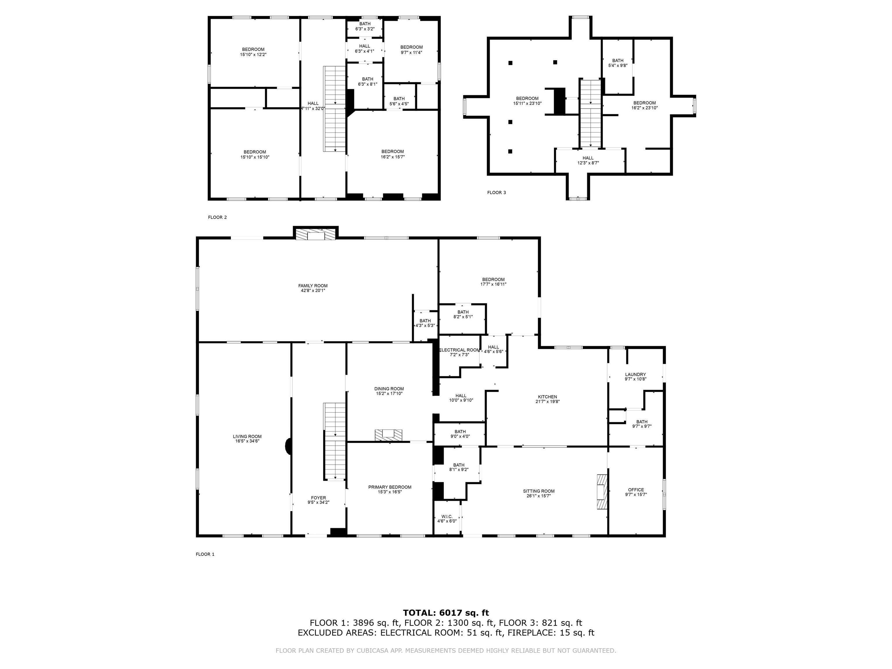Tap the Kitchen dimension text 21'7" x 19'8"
547,402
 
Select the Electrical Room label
459,350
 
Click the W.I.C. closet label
447,517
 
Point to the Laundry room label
635,375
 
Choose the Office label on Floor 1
636,490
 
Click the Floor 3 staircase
591,113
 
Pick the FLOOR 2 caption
217,217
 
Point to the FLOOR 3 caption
497,193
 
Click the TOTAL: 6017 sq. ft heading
446,613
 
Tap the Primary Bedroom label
390,487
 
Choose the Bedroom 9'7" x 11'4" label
411,47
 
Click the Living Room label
247,436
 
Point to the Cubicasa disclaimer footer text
446,650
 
